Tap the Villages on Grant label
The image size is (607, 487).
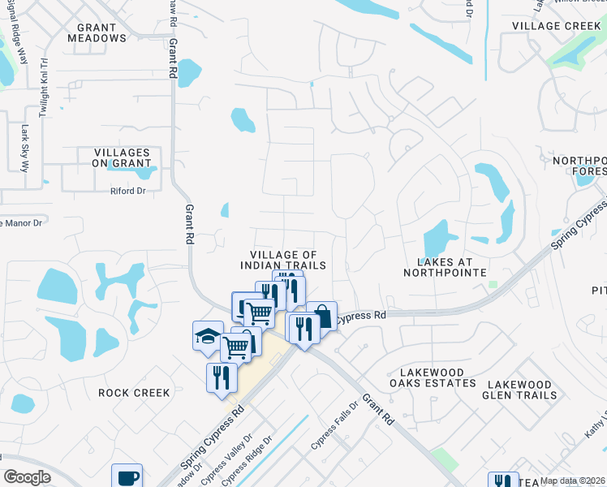pyautogui.click(x=122, y=157)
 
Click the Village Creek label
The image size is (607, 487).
pyautogui.click(x=557, y=26)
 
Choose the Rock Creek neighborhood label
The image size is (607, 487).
pyautogui.click(x=134, y=393)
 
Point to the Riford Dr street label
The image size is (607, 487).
pyautogui.click(x=127, y=192)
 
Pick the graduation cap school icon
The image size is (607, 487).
pyautogui.click(x=208, y=335)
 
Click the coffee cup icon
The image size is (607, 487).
pyautogui.click(x=127, y=476)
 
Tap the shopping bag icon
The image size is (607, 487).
pyautogui.click(x=322, y=315)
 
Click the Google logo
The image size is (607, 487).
pyautogui.click(x=27, y=476)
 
